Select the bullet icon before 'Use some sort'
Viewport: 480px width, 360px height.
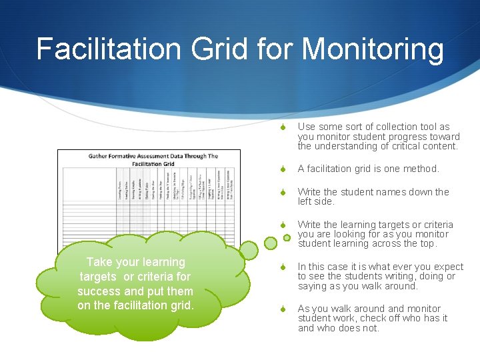pyautogui.click(x=283, y=127)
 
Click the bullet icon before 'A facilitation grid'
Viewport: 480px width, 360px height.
pyautogui.click(x=283, y=169)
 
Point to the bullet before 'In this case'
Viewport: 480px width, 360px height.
pyautogui.click(x=283, y=267)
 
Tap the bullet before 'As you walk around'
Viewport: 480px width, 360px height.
pyautogui.click(x=283, y=309)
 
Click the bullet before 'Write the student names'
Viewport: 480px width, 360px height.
pyautogui.click(x=283, y=193)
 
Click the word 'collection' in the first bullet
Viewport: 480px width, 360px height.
pyautogui.click(x=397, y=127)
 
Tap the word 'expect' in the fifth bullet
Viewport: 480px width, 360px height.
pyautogui.click(x=448, y=267)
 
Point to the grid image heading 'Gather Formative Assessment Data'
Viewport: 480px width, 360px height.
pyautogui.click(x=153, y=157)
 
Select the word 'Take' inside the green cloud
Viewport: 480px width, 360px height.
pyautogui.click(x=99, y=262)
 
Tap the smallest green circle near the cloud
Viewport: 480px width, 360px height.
pyautogui.click(x=287, y=237)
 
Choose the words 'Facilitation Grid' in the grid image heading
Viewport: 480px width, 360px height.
pyautogui.click(x=153, y=163)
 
